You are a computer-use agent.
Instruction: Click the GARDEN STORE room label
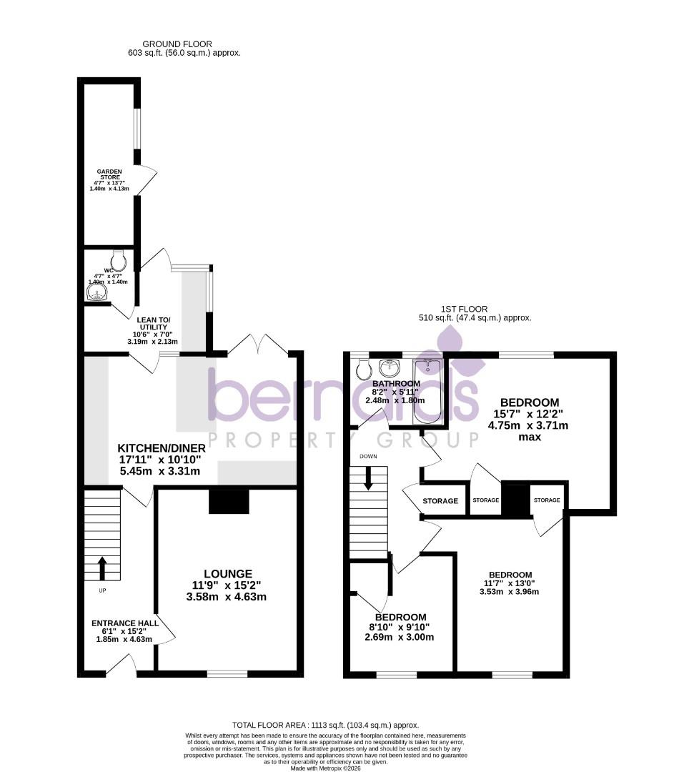(109, 175)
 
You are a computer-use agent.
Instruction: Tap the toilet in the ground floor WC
(118, 259)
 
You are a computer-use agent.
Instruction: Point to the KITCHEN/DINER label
(162, 448)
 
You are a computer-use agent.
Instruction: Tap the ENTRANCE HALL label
(124, 624)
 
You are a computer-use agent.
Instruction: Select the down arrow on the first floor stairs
(368, 478)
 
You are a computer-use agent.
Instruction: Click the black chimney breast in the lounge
(229, 501)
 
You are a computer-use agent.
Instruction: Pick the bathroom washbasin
(390, 367)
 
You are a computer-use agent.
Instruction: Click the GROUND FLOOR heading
(177, 44)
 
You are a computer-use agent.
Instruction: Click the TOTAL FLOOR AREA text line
(325, 725)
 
